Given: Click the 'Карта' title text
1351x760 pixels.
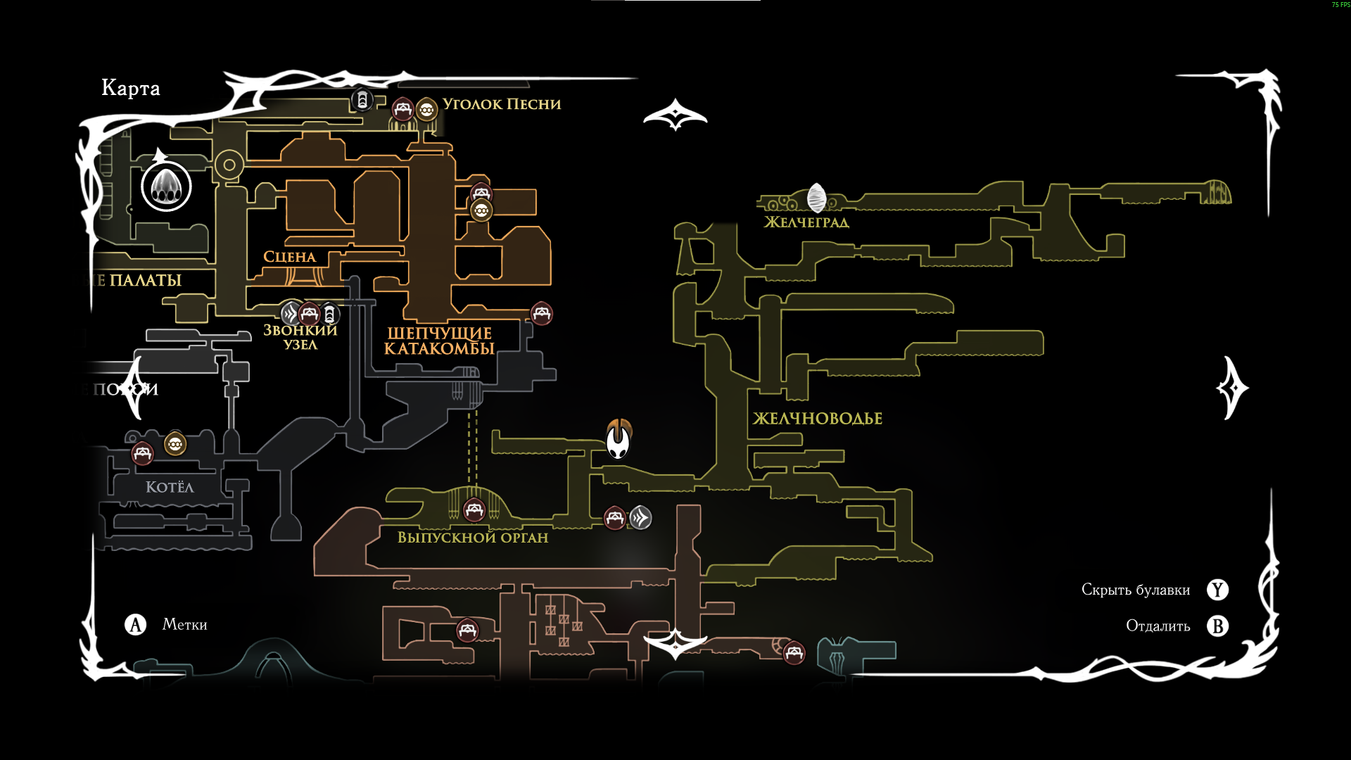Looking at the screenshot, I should click(131, 88).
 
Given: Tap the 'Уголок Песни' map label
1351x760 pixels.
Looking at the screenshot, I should click(502, 104).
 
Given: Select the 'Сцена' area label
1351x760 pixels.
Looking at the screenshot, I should click(289, 257).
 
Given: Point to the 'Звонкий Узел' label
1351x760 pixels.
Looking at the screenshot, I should click(300, 337).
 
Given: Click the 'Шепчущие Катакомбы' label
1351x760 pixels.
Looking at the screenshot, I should click(439, 341).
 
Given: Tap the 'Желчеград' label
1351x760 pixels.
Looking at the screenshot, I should click(806, 222).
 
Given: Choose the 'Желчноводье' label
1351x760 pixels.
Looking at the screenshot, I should click(818, 419).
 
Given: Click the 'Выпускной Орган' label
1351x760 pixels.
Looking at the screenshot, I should click(473, 538).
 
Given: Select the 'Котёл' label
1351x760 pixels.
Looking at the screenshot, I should click(170, 487).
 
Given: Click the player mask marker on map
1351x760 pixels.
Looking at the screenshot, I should click(619, 440).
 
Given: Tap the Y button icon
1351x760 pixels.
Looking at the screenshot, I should click(1218, 590).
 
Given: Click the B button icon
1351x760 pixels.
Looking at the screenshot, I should click(1218, 626).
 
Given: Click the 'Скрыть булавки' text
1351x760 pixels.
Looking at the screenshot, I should click(1136, 590).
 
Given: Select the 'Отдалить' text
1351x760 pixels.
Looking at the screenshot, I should click(1158, 626).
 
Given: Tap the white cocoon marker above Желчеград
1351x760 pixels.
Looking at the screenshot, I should click(816, 198).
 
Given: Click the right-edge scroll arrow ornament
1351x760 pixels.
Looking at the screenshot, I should click(1232, 388).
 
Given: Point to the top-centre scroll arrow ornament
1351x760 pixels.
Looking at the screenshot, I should click(675, 115).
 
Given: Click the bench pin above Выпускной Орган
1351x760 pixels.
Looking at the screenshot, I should click(474, 509).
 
